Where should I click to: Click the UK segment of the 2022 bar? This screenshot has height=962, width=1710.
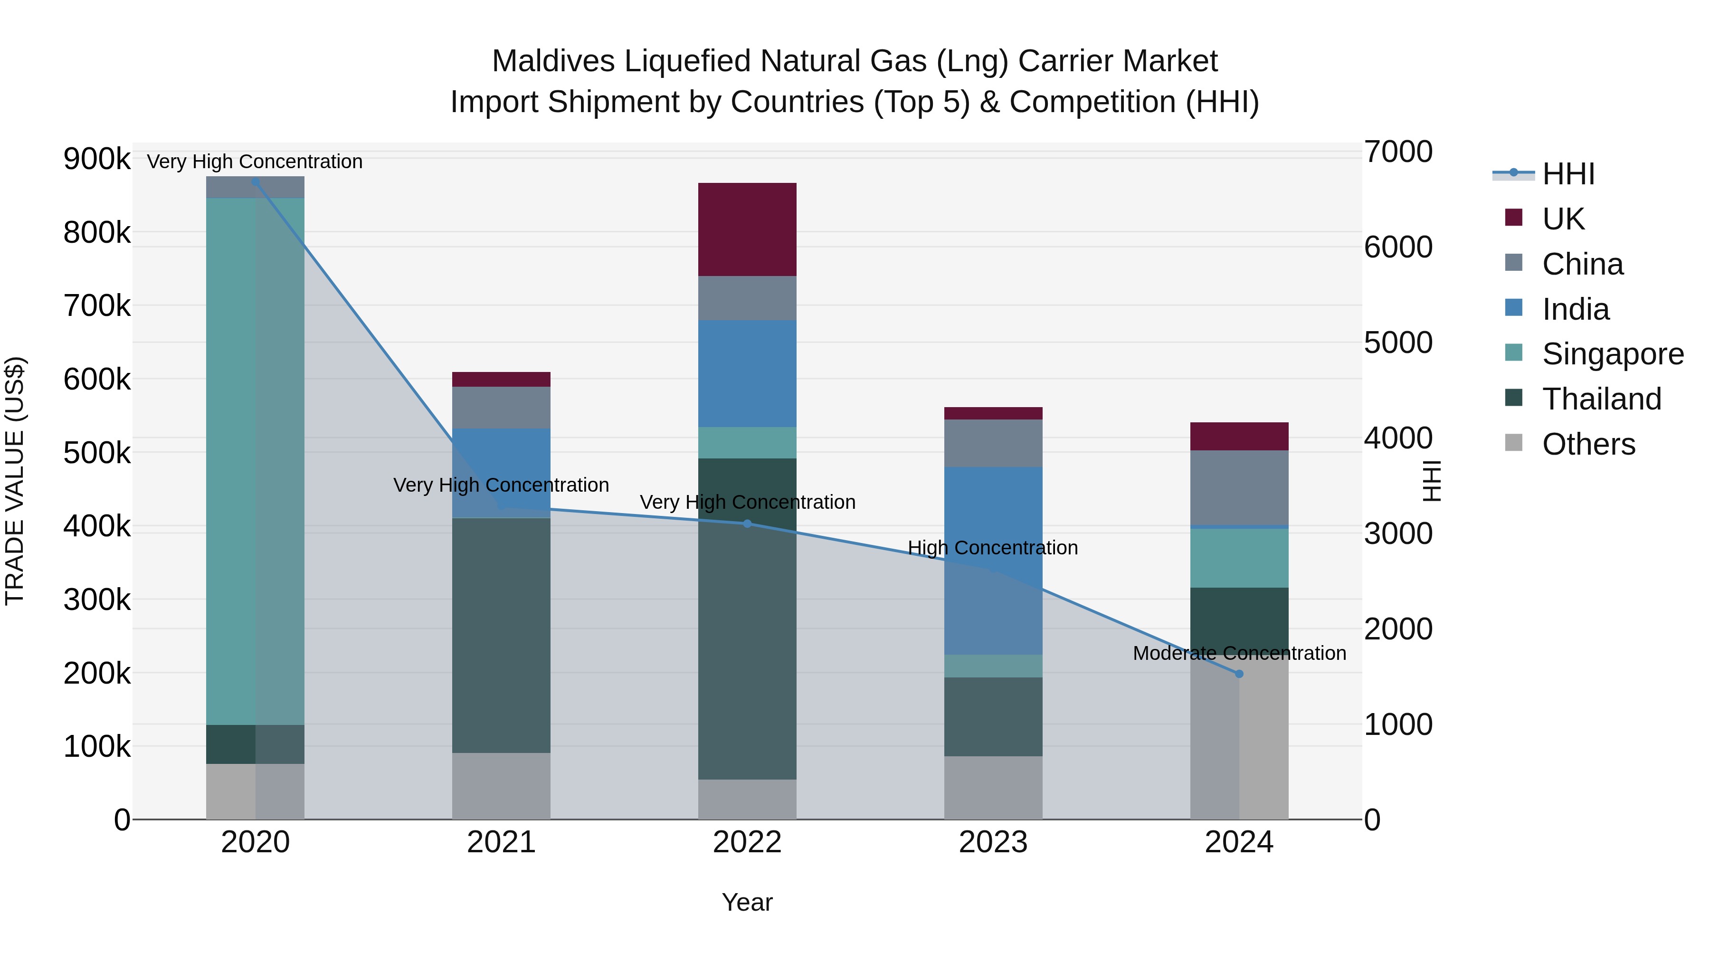(x=747, y=229)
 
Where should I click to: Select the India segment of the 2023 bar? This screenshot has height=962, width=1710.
(x=993, y=561)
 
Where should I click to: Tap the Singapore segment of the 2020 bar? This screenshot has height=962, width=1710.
(x=255, y=461)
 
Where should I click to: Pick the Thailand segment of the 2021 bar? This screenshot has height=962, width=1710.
(x=501, y=635)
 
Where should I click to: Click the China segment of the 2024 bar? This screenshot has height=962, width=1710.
(x=1239, y=488)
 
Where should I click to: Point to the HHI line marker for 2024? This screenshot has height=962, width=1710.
(x=1239, y=674)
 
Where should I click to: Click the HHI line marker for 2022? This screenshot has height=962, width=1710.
(x=747, y=524)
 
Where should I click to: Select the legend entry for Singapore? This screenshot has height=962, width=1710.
(x=1613, y=354)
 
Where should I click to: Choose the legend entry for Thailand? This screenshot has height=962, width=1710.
(x=1601, y=399)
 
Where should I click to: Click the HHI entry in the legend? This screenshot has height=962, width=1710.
(x=1567, y=174)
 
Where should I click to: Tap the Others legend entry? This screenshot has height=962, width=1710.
(x=1588, y=444)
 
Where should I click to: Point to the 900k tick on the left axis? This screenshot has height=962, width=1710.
(x=97, y=159)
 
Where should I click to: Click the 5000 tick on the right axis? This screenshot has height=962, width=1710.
(x=1398, y=343)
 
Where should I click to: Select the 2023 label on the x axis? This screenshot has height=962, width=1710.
(x=993, y=842)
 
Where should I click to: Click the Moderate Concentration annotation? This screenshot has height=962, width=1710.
(x=1239, y=653)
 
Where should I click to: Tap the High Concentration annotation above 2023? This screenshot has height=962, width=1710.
(x=992, y=548)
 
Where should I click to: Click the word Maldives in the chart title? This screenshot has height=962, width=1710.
(x=553, y=61)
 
